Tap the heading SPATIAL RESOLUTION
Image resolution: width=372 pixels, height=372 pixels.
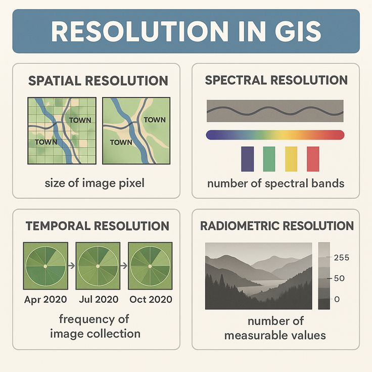click(98, 81)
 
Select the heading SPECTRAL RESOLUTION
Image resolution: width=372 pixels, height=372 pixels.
click(276, 80)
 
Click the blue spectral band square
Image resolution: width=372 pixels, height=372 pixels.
click(248, 159)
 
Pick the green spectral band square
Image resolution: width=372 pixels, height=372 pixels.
click(269, 159)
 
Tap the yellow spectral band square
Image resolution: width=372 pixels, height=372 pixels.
click(291, 159)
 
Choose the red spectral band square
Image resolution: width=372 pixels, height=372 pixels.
click(313, 159)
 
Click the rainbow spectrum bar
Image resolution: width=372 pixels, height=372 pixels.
click(275, 135)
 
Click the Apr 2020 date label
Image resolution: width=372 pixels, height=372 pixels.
click(45, 299)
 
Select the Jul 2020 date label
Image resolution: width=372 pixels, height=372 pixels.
click(98, 299)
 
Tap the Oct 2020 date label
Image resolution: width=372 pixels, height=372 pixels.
click(151, 299)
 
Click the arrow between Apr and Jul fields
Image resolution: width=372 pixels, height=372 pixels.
click(71, 265)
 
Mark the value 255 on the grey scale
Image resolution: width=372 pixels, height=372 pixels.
click(342, 257)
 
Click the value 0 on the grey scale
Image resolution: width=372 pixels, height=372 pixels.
click(337, 299)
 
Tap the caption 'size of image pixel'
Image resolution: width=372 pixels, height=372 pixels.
click(95, 183)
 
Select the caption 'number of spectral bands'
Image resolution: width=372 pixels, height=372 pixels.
click(276, 183)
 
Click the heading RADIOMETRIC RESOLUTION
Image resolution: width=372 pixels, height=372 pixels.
click(277, 226)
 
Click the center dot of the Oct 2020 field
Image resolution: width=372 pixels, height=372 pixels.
click(150, 266)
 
